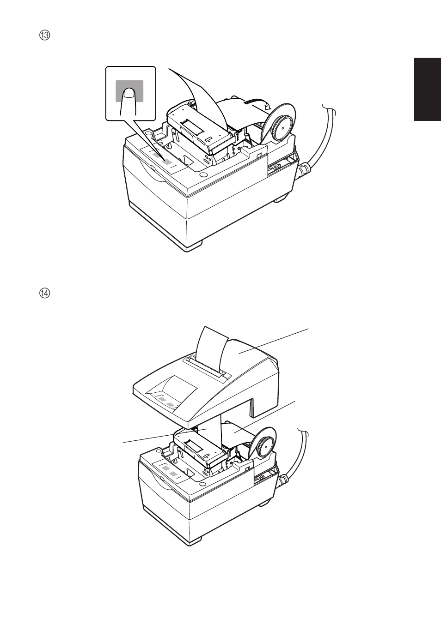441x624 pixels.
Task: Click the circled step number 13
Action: click(x=44, y=36)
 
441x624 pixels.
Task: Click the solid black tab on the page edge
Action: click(x=427, y=89)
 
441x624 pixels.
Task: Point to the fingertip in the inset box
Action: click(x=129, y=93)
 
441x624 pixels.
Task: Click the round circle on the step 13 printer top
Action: click(x=203, y=175)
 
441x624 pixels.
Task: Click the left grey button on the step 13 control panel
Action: click(x=157, y=156)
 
